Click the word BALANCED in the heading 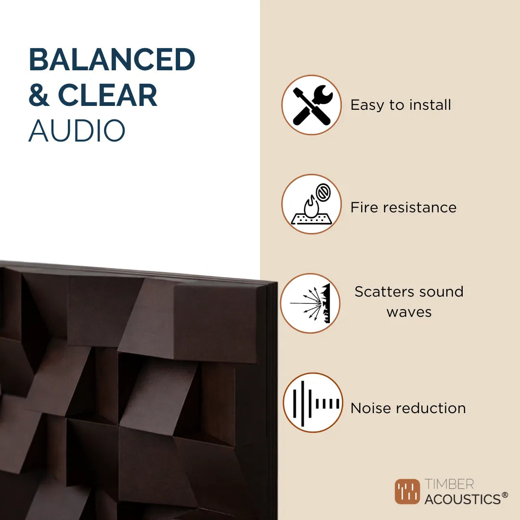pos(112,60)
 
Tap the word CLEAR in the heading pos(107,95)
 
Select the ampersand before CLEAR pos(39,95)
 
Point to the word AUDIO pos(77,130)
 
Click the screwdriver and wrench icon pos(312,105)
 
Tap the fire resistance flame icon pos(312,204)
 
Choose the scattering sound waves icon pos(311,303)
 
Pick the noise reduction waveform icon pos(313,403)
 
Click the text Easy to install pos(401,105)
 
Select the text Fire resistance pos(403,208)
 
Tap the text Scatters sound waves pos(409,301)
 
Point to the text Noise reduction pos(408,408)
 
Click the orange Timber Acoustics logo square pos(407,492)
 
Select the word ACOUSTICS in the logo pos(462,499)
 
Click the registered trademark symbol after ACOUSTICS pos(505,495)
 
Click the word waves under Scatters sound pos(409,312)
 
